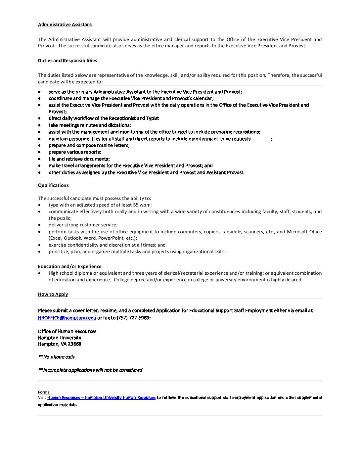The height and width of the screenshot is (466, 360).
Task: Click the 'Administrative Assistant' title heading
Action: (65, 24)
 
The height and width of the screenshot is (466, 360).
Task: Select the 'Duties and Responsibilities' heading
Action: (67, 61)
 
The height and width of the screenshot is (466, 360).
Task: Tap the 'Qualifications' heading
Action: (53, 185)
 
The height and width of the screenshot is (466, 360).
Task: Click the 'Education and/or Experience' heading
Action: (69, 266)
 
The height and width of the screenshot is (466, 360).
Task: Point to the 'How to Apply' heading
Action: (53, 294)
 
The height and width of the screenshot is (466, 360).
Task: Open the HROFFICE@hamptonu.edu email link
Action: (67, 318)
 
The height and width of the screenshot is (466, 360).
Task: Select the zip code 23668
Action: (74, 344)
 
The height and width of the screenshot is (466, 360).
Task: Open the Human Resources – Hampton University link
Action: (101, 397)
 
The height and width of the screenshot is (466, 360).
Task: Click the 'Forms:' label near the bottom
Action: (44, 392)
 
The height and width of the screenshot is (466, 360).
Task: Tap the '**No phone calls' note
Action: (56, 357)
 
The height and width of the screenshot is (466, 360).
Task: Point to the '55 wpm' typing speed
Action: (142, 205)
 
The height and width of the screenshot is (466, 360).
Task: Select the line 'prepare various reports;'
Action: (75, 152)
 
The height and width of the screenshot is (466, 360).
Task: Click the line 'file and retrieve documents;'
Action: (79, 159)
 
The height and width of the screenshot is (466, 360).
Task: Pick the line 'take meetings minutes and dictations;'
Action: (90, 125)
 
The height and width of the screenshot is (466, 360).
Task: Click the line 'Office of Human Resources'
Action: (67, 331)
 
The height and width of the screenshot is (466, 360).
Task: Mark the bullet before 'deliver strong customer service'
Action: (40, 225)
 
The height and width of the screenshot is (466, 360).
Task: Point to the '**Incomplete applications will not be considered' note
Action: (90, 370)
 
